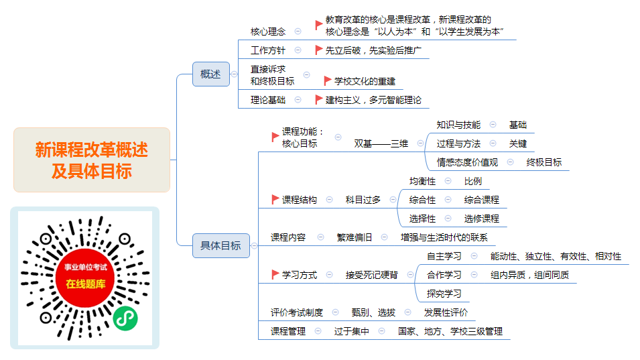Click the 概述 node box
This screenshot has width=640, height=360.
click(x=210, y=74)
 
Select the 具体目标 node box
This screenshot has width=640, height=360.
click(x=220, y=246)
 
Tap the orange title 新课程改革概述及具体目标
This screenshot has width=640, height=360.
click(x=92, y=160)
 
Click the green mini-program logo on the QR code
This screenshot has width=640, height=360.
click(x=125, y=318)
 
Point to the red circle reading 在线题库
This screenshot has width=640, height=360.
click(x=86, y=277)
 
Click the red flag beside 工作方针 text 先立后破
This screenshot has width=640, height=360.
click(x=319, y=50)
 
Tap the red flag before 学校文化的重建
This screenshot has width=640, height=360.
click(x=327, y=80)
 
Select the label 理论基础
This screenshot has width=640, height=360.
click(x=268, y=100)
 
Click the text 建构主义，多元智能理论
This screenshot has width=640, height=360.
click(x=373, y=100)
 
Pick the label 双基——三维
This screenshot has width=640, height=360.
click(x=381, y=143)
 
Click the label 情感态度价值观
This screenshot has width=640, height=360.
click(x=467, y=162)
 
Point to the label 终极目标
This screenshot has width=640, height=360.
click(x=544, y=162)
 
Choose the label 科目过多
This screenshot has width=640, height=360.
click(x=363, y=200)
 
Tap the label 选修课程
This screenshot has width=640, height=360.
click(x=482, y=219)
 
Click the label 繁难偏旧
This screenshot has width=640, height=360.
click(x=355, y=237)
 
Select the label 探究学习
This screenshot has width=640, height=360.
click(x=444, y=294)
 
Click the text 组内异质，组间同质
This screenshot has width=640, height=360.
click(x=530, y=275)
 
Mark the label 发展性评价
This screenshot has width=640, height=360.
click(x=446, y=312)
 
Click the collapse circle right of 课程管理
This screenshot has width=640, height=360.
click(x=318, y=331)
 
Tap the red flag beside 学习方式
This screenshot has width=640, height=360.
click(x=275, y=275)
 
